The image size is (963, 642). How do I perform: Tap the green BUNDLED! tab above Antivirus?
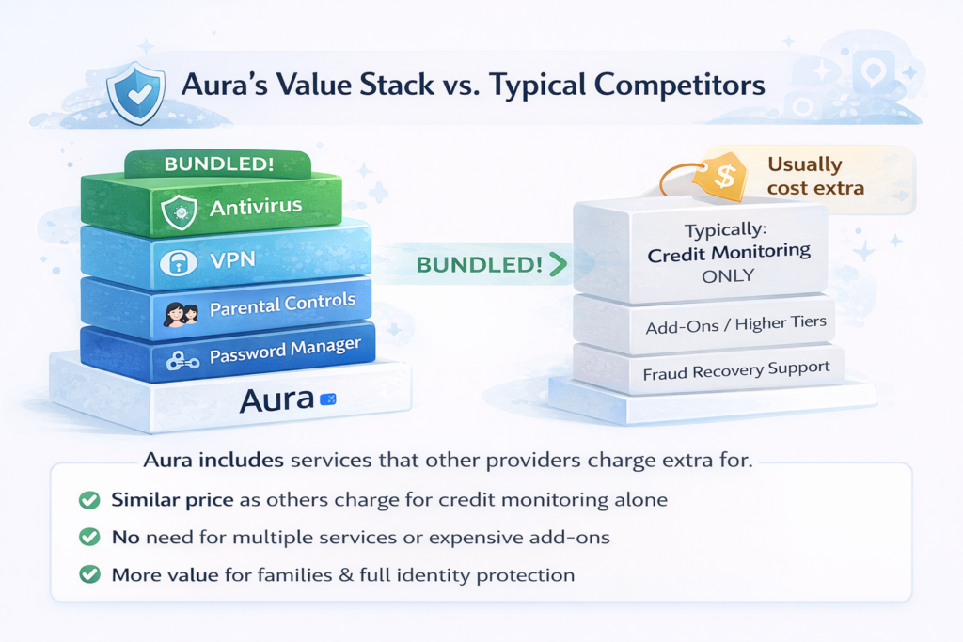pos(219,164)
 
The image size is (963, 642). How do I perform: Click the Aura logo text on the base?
pos(276,399)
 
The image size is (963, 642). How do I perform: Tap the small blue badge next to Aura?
pos(328,400)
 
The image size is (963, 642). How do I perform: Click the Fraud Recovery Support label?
pos(736,370)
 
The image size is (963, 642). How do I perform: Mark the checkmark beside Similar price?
pos(89,500)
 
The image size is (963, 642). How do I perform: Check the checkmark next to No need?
pos(89,537)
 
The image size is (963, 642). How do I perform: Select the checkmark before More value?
pos(89,573)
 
